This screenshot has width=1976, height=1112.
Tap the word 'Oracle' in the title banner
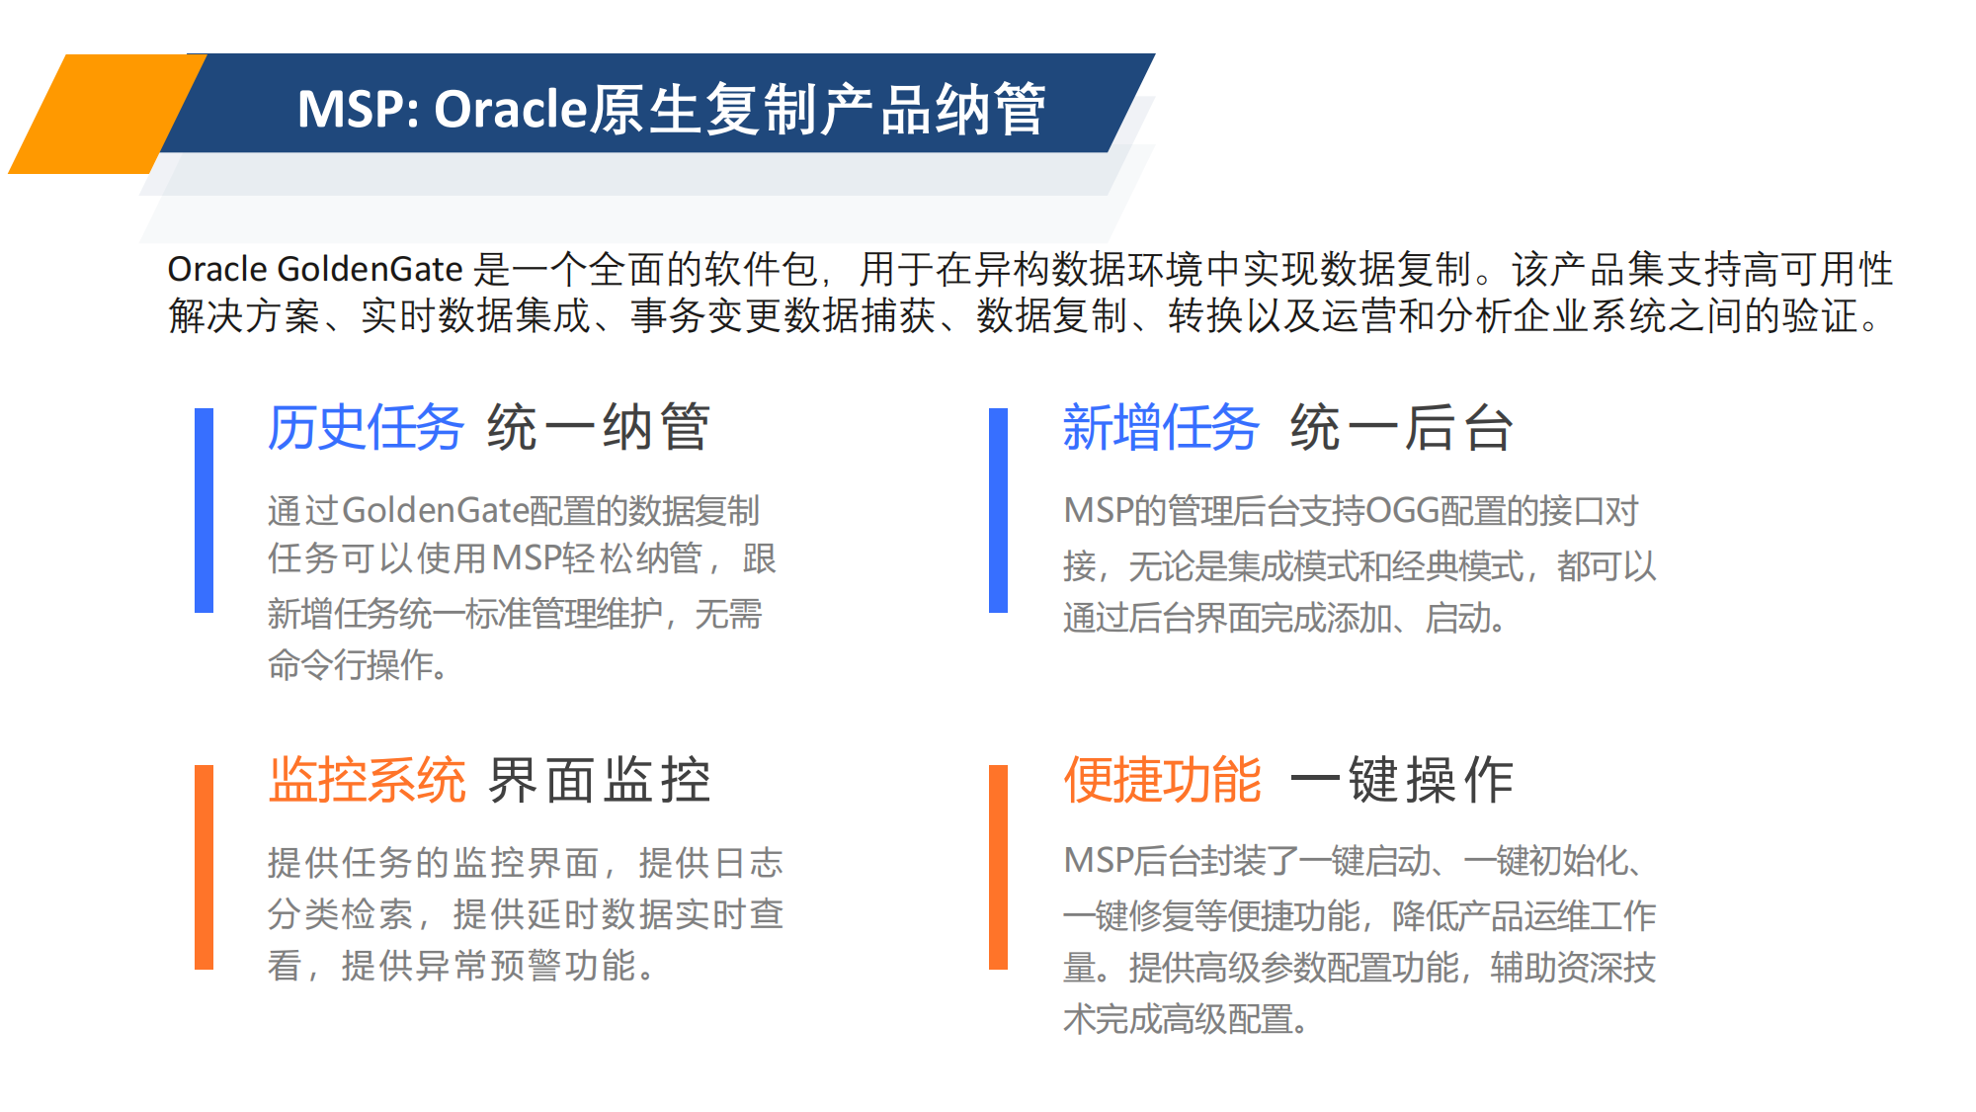pyautogui.click(x=512, y=109)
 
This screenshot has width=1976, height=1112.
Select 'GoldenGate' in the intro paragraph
pyautogui.click(x=370, y=269)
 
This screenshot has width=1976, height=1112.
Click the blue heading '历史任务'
pyautogui.click(x=366, y=428)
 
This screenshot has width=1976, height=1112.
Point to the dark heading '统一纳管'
pyautogui.click(x=599, y=428)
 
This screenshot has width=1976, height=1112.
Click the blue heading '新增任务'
pyautogui.click(x=1161, y=428)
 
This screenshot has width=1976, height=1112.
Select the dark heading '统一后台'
pyautogui.click(x=1402, y=428)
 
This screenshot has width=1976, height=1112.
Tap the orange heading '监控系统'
pyautogui.click(x=367, y=780)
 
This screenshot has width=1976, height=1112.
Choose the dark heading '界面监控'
pyautogui.click(x=600, y=780)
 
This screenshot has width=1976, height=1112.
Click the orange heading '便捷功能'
pyautogui.click(x=1162, y=780)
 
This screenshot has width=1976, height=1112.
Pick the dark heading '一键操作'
pyautogui.click(x=1402, y=780)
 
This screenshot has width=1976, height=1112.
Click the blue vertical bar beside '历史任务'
pyautogui.click(x=205, y=510)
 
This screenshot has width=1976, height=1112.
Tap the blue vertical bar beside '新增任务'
pyautogui.click(x=999, y=510)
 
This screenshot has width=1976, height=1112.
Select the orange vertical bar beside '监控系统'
pyautogui.click(x=205, y=867)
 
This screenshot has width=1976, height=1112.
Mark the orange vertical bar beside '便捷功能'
pyautogui.click(x=999, y=867)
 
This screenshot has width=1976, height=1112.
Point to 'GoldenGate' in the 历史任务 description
pyautogui.click(x=436, y=511)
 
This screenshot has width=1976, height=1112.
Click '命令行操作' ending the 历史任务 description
pyautogui.click(x=350, y=665)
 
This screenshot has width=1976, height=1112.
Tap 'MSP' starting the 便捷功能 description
pyautogui.click(x=1097, y=861)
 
